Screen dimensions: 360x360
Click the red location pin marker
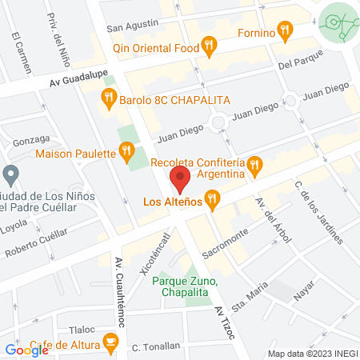180,180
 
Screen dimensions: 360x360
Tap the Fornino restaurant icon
284,32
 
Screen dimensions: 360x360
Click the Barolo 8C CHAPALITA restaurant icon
109,100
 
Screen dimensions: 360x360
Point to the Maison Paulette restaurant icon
126,149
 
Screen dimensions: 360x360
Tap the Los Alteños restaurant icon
212,200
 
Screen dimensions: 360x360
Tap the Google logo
27,350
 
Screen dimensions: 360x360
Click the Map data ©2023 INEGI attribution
313,354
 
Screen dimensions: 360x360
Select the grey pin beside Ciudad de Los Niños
10,174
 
